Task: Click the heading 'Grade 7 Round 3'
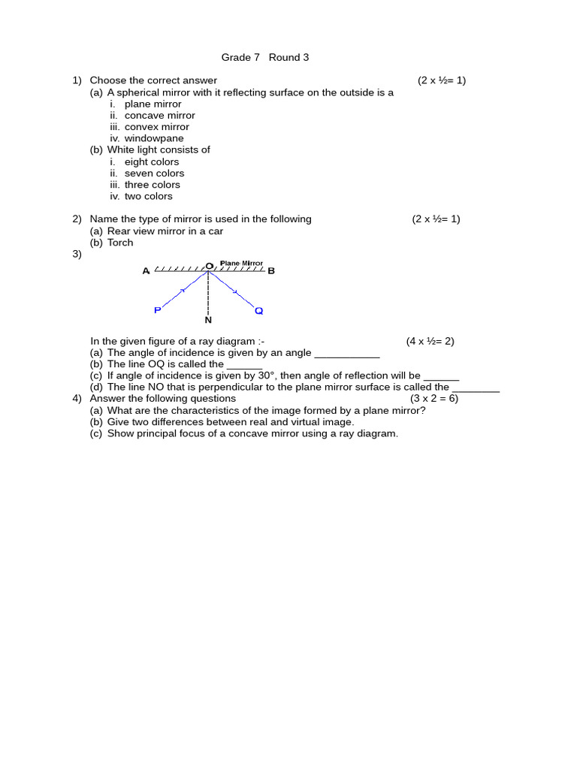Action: pos(264,58)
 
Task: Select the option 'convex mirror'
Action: pos(156,127)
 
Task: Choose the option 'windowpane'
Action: pos(154,138)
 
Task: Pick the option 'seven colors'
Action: pos(154,173)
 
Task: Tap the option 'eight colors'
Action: pos(152,161)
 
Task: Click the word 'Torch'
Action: pos(120,243)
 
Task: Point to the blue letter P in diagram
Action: pos(157,310)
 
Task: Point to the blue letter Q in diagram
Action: pos(258,310)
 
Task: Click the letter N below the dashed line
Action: pos(208,320)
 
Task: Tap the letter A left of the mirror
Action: pos(146,271)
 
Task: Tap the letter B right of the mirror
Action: pos(271,271)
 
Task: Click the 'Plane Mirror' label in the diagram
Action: pos(241,264)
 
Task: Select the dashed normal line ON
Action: pos(208,293)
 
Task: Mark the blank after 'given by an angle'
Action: pos(346,354)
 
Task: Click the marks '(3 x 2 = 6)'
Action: pos(434,399)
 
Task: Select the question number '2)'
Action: pos(77,219)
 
